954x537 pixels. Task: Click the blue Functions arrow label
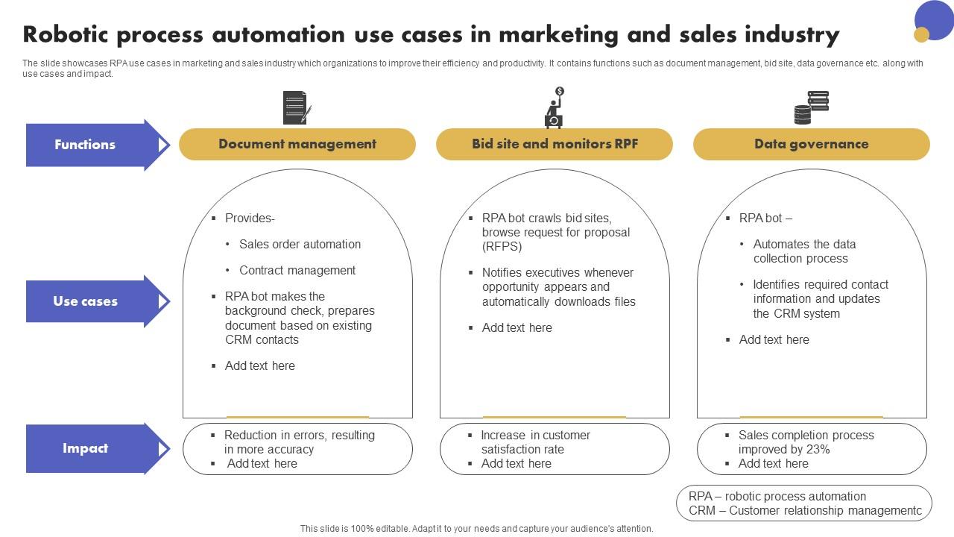[x=86, y=145]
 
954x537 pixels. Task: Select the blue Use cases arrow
[x=86, y=301]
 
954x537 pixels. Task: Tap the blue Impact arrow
[x=86, y=448]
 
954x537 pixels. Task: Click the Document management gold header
[x=297, y=144]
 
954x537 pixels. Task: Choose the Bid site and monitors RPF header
[x=555, y=144]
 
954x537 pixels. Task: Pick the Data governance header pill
[x=811, y=144]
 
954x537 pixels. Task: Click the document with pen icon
[x=296, y=107]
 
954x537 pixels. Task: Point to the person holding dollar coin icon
[x=555, y=107]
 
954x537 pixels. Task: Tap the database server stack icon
[x=811, y=107]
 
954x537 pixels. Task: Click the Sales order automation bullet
[x=300, y=244]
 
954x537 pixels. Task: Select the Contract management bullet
[x=297, y=270]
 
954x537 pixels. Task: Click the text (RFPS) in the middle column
[x=502, y=246]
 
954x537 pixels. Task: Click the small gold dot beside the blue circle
[x=921, y=34]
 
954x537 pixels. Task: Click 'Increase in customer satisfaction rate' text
[x=535, y=442]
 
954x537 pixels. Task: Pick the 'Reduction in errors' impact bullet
[x=299, y=442]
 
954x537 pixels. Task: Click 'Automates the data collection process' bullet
[x=803, y=251]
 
